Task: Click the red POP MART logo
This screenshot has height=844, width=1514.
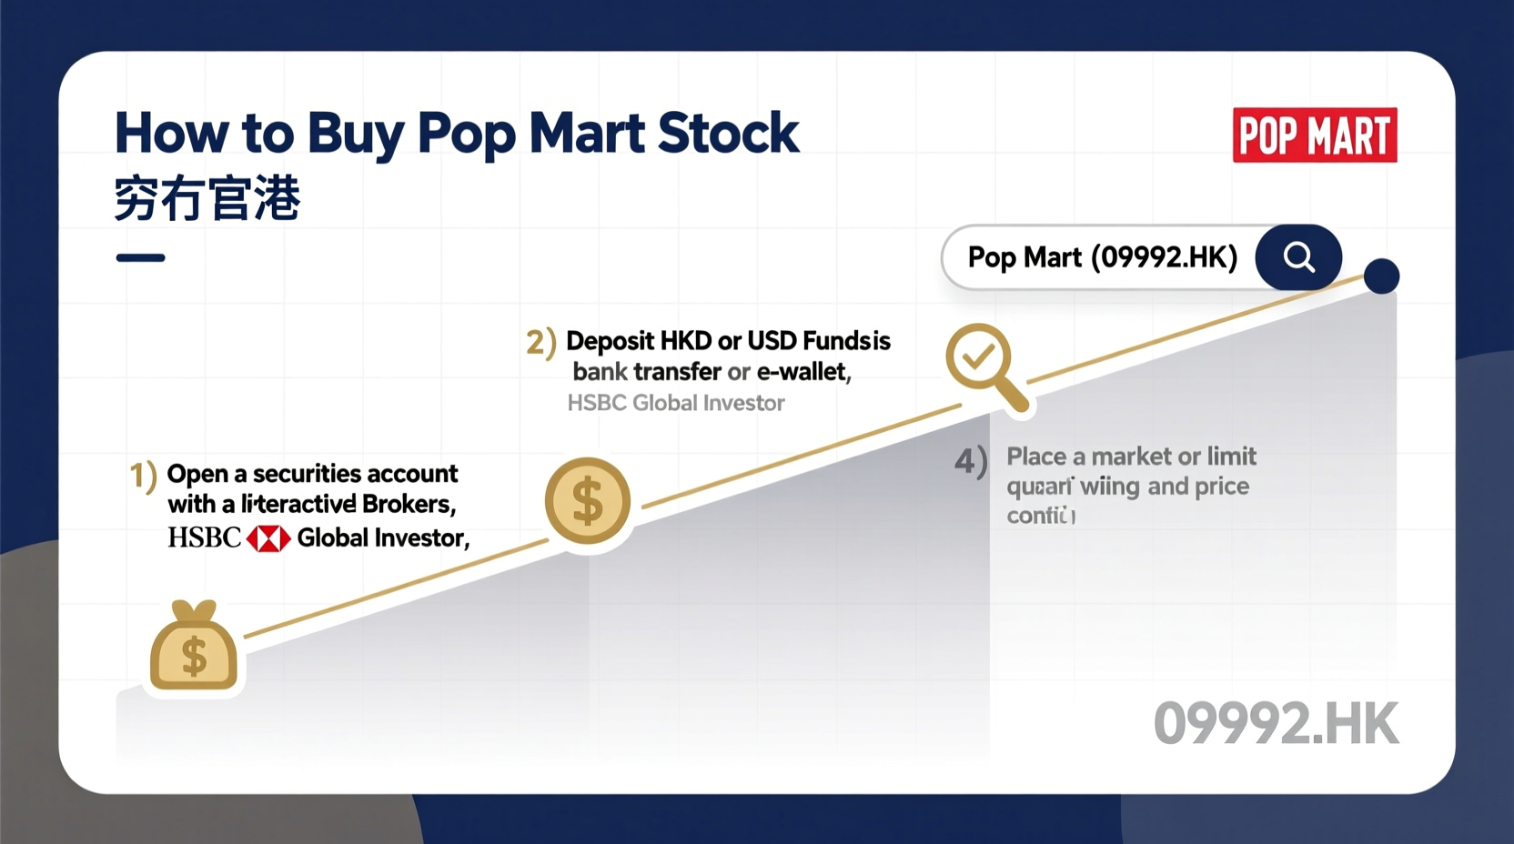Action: tap(1314, 136)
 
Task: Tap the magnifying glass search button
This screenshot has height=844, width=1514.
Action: tap(1298, 257)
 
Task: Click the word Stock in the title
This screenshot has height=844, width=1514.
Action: tap(728, 134)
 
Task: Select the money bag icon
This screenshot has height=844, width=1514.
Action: tap(194, 648)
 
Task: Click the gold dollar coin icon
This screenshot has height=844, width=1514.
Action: tap(588, 501)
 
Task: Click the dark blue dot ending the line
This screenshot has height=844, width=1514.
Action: tap(1381, 276)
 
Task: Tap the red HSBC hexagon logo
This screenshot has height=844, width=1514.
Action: tap(268, 538)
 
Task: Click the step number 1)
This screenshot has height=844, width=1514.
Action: tap(143, 476)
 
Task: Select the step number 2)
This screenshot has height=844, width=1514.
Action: tap(540, 343)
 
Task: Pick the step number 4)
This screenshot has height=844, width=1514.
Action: tap(970, 461)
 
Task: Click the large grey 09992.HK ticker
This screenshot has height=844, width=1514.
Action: tap(1276, 724)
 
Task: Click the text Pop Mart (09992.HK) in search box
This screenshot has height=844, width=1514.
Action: tap(1102, 257)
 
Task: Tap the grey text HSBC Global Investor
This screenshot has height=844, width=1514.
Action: tap(675, 403)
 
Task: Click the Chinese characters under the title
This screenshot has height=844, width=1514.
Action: tap(207, 199)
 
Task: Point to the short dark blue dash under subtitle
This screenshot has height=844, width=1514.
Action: tap(140, 258)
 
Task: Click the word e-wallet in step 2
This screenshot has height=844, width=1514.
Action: tap(803, 372)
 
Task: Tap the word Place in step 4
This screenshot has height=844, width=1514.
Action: tap(1036, 457)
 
